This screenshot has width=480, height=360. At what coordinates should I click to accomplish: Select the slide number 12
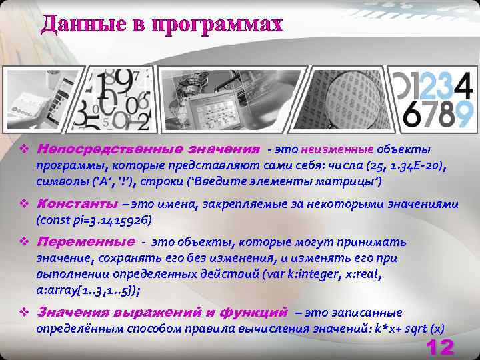pyautogui.click(x=439, y=347)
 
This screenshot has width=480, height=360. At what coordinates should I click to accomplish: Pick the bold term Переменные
pyautogui.click(x=86, y=241)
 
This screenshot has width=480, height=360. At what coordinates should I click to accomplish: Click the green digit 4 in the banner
pyautogui.click(x=465, y=84)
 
